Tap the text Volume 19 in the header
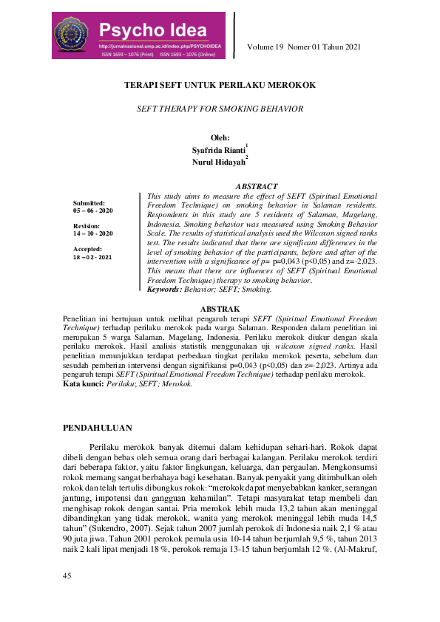pyautogui.click(x=270, y=49)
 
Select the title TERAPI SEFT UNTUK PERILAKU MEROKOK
pyautogui.click(x=220, y=85)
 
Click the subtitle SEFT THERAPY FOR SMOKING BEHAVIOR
pyautogui.click(x=220, y=109)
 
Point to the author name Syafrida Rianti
pyautogui.click(x=218, y=150)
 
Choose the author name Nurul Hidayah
pyautogui.click(x=218, y=162)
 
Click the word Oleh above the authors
pyautogui.click(x=220, y=137)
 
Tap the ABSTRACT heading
pyautogui.click(x=257, y=186)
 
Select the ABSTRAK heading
pyautogui.click(x=220, y=309)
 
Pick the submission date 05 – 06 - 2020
pyautogui.click(x=93, y=211)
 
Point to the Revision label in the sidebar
pyautogui.click(x=87, y=226)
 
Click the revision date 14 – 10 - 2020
pyautogui.click(x=93, y=233)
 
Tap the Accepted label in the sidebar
pyautogui.click(x=88, y=249)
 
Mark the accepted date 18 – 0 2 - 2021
pyautogui.click(x=93, y=257)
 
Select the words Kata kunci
pyautogui.click(x=83, y=385)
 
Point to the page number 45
pyautogui.click(x=67, y=595)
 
